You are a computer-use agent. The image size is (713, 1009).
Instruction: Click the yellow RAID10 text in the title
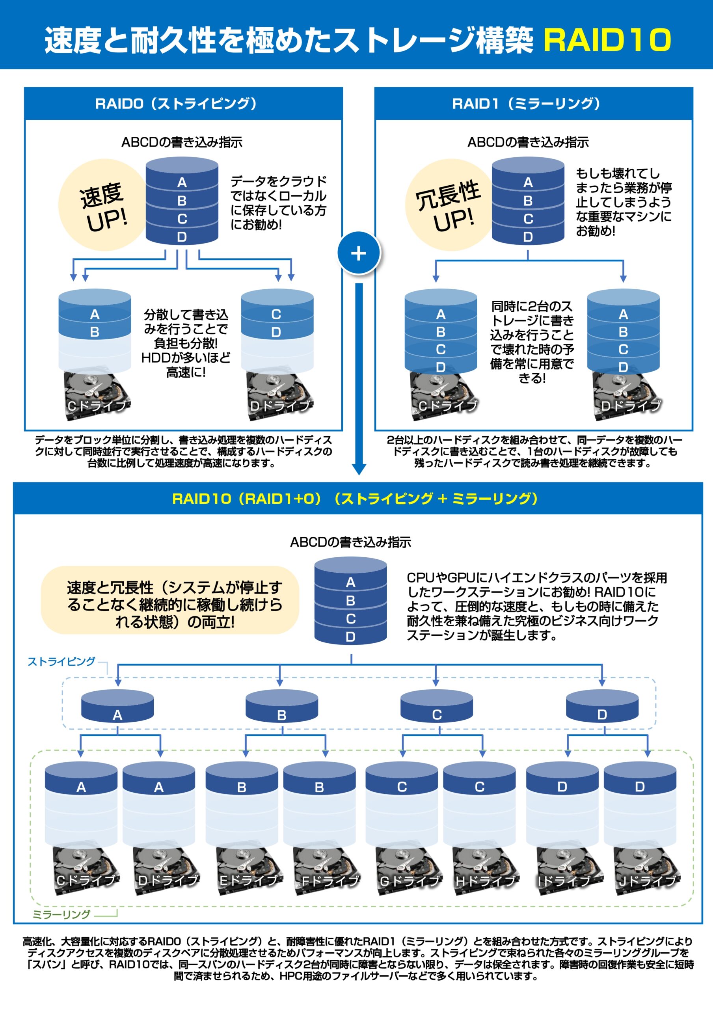click(607, 39)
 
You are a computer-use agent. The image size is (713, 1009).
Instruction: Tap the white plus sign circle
click(359, 253)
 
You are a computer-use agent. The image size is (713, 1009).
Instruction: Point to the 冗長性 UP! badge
click(449, 206)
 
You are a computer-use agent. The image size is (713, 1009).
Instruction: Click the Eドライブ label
click(249, 880)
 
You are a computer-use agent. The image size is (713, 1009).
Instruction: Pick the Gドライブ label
click(410, 880)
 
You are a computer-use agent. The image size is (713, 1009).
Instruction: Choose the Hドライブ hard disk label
click(486, 880)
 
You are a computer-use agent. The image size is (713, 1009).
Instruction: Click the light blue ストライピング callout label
click(61, 661)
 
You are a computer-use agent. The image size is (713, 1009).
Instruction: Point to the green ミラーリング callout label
click(61, 914)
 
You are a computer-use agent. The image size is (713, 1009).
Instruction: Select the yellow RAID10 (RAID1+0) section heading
click(355, 498)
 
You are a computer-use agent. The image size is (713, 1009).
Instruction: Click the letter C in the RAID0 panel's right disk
click(276, 314)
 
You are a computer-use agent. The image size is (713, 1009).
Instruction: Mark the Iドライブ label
click(564, 880)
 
